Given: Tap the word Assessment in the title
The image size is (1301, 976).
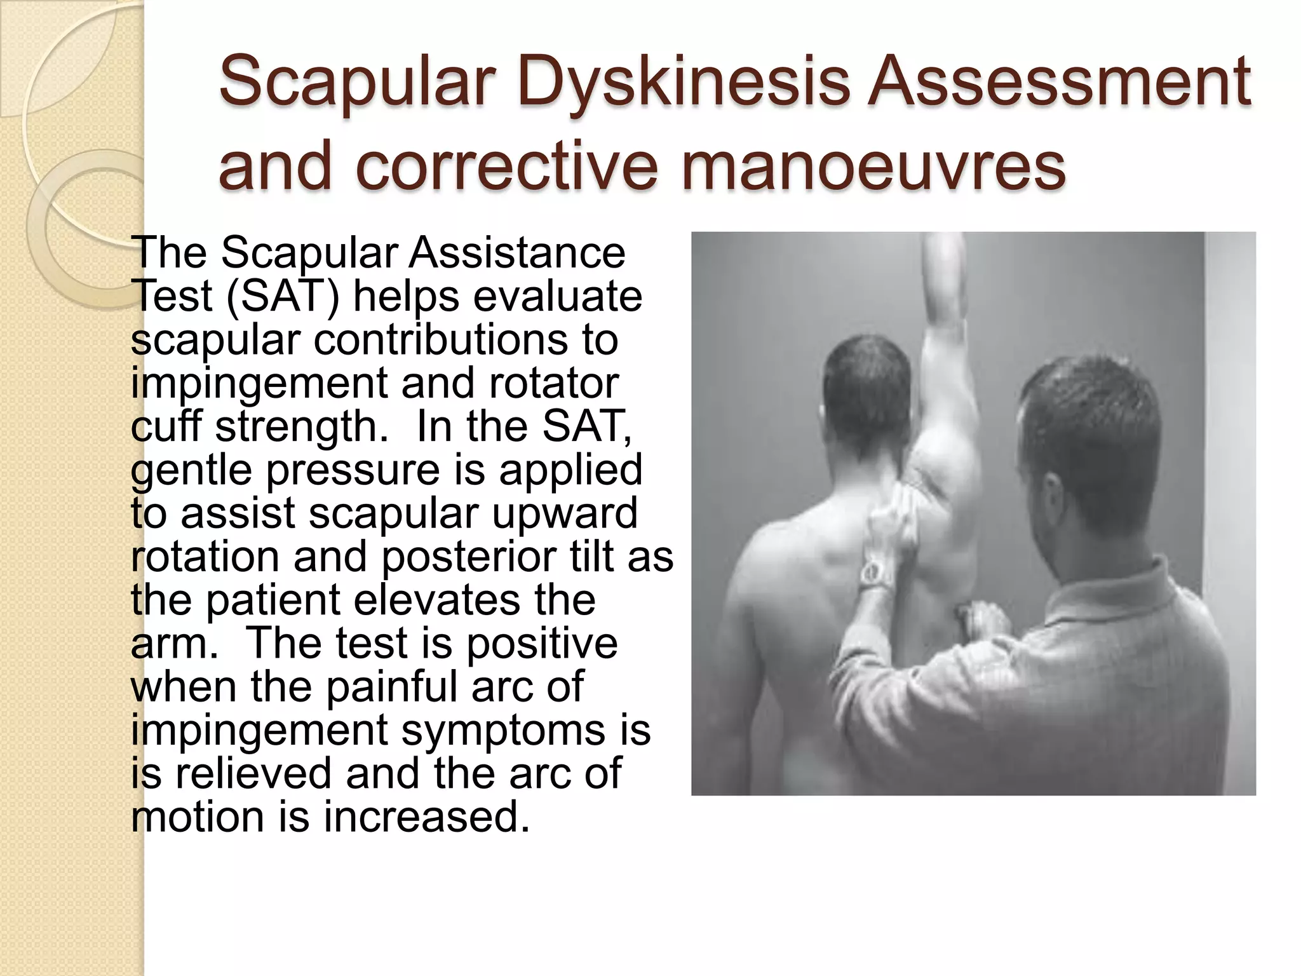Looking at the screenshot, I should pos(1060,83).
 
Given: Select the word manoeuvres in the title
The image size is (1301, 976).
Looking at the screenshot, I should pos(873,166).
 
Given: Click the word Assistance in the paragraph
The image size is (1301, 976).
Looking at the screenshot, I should pos(516,253).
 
